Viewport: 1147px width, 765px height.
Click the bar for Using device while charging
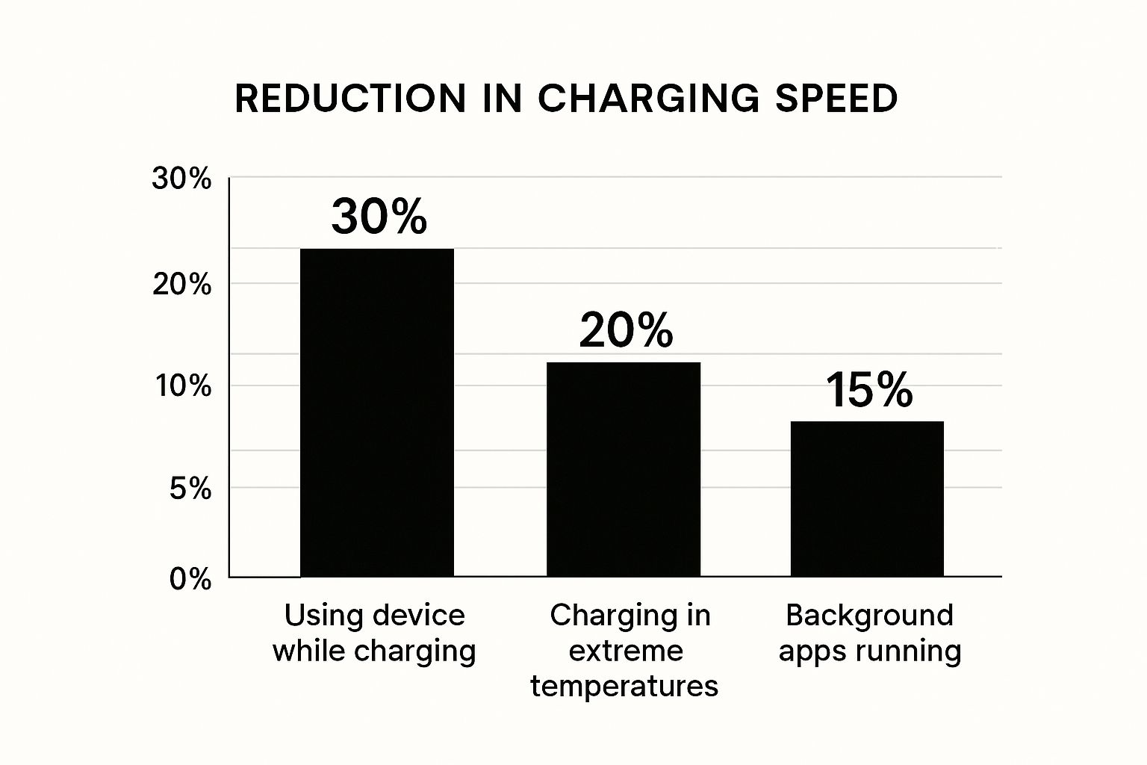377,412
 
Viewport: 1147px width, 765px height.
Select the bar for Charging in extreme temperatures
624,469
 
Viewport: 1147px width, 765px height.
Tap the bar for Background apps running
867,498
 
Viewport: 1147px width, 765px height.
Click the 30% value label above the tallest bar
379,217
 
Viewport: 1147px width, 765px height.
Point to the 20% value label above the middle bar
626,330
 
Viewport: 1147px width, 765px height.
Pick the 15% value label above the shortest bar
869,390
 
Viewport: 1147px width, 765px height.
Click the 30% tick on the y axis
181,179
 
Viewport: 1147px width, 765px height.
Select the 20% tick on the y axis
181,285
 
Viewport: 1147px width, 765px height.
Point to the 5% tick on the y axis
190,489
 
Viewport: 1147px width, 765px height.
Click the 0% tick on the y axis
190,579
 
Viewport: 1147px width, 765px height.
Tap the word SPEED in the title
836,99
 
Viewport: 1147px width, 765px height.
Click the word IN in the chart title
501,99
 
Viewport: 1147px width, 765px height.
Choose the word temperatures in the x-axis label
624,685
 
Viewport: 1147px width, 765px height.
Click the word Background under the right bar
869,615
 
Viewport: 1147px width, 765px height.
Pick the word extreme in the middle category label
626,650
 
